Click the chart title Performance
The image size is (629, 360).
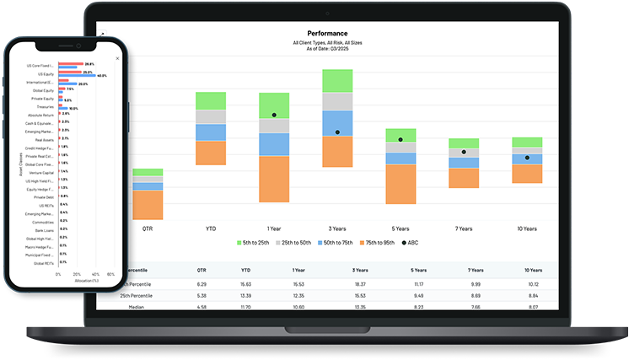[327, 34]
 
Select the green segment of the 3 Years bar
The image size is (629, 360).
[337, 81]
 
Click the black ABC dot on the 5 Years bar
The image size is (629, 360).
[401, 139]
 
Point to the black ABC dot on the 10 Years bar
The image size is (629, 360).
[528, 157]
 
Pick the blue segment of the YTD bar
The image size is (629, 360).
[211, 132]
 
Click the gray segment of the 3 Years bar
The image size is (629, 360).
[337, 102]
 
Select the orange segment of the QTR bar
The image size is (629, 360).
[148, 205]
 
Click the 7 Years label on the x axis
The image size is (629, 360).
[464, 228]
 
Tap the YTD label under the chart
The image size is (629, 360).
[211, 228]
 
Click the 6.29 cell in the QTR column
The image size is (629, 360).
[202, 285]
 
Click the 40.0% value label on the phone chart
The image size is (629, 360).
[102, 76]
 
